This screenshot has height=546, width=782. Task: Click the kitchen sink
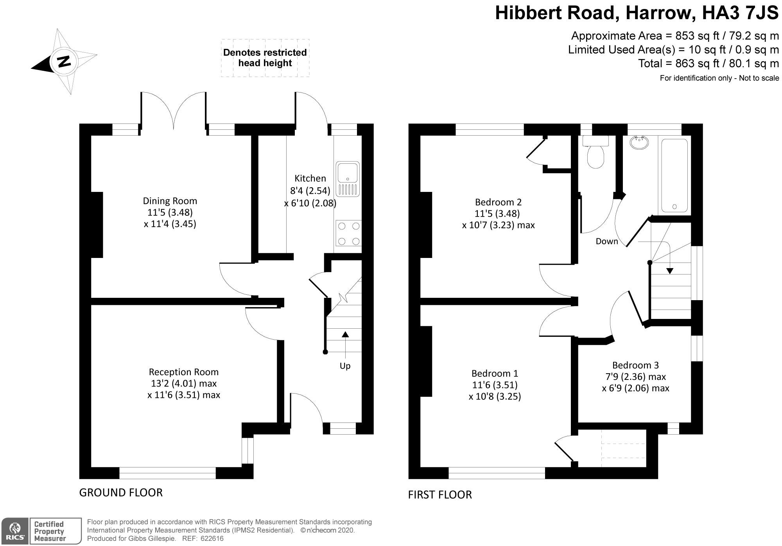[348, 179]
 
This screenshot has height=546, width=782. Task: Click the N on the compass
[64, 61]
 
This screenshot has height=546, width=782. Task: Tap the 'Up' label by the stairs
[345, 366]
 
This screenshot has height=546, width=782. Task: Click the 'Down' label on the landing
[607, 242]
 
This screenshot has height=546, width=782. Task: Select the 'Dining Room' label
[170, 201]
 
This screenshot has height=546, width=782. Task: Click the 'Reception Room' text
[184, 372]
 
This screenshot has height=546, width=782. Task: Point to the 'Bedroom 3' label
[635, 365]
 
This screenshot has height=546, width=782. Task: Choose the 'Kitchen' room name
[310, 178]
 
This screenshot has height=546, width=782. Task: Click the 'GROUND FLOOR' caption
[121, 492]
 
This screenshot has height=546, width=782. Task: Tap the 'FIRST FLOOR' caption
[440, 495]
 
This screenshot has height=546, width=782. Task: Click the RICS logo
[14, 531]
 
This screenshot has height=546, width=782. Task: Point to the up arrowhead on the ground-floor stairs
[345, 334]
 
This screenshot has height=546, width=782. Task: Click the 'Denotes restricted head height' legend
[265, 58]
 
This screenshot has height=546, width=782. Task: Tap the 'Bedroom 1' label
[495, 373]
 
